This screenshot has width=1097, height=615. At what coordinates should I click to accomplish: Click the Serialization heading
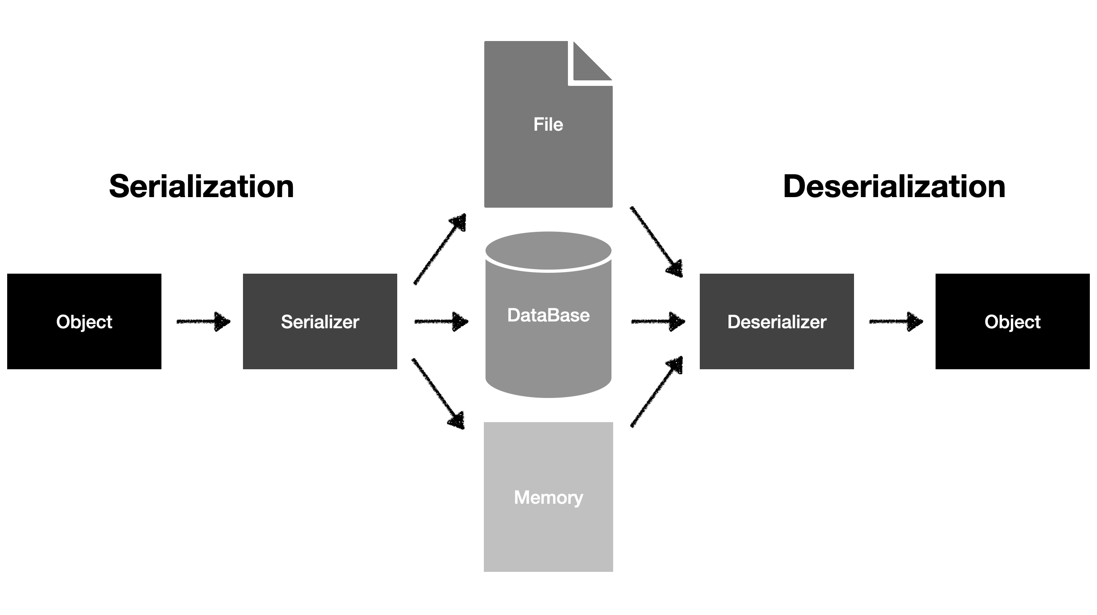tap(202, 187)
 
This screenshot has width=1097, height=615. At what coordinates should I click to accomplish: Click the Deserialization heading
tap(894, 187)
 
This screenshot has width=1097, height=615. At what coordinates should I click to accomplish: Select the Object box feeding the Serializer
tap(85, 321)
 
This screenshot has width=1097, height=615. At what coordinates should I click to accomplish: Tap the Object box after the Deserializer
tap(1012, 321)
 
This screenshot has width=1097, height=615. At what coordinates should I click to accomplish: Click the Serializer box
tap(320, 321)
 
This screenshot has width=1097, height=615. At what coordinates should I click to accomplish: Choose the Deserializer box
tap(776, 321)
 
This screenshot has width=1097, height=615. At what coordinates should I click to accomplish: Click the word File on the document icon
tap(548, 124)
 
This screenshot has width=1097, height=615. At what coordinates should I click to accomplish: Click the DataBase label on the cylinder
tap(548, 316)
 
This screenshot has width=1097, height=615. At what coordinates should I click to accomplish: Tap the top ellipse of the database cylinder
tap(548, 250)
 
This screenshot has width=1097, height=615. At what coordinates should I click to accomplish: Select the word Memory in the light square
tap(548, 497)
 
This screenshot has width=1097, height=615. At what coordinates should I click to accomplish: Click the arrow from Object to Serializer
tap(204, 321)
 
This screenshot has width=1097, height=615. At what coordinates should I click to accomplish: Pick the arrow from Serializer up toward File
tap(439, 250)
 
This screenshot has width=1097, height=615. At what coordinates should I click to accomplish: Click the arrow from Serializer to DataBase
tap(441, 321)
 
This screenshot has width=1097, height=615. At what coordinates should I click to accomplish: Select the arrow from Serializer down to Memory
tap(438, 394)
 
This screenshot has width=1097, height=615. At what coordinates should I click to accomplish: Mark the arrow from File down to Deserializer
tap(656, 242)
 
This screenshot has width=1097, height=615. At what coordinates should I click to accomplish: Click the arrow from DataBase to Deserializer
tap(658, 321)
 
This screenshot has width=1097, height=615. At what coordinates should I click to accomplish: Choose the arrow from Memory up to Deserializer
tap(656, 392)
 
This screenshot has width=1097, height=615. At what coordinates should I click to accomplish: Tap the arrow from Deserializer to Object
tap(895, 321)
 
